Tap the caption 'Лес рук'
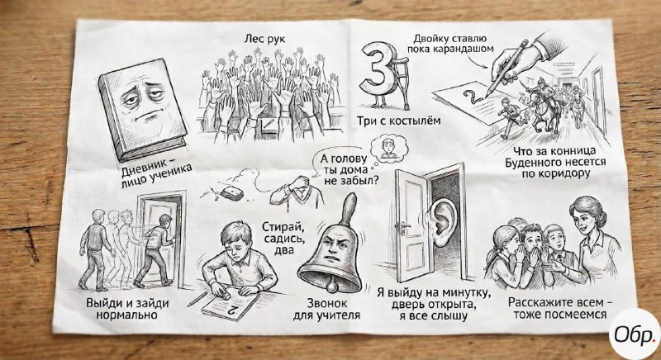[264, 39]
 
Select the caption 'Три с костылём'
[399, 121]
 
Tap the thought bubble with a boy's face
[388, 148]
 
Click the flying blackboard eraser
[232, 193]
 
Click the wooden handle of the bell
[348, 210]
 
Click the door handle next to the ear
[402, 228]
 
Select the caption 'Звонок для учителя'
[327, 309]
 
